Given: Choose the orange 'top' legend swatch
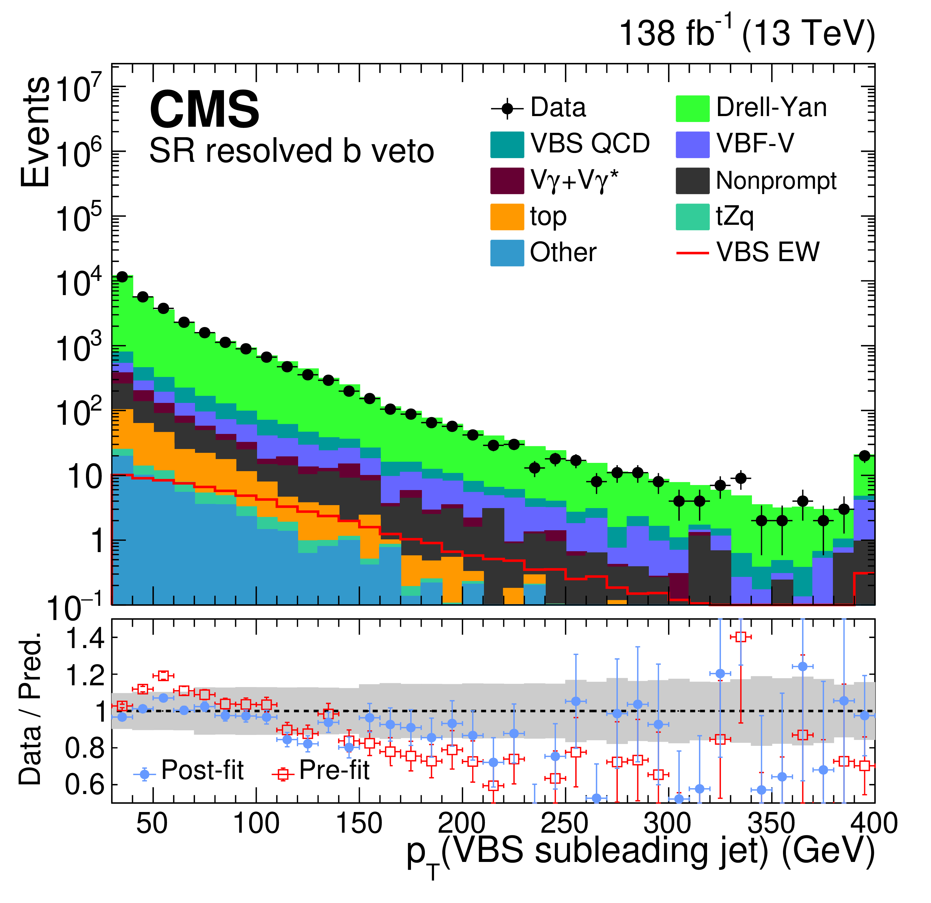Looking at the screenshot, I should tap(507, 217).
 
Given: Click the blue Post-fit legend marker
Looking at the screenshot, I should tap(144, 774).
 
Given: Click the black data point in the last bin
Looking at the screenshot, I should tap(865, 456).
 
